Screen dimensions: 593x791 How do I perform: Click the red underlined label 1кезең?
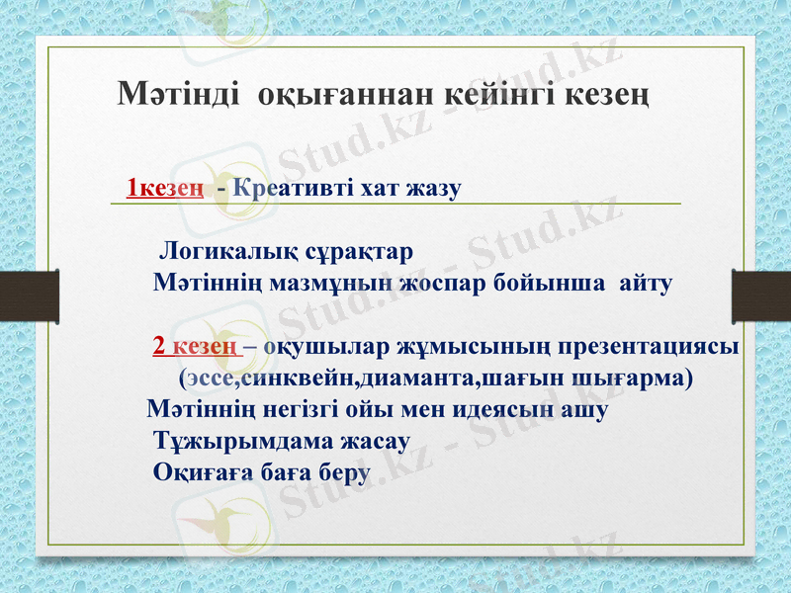(x=166, y=187)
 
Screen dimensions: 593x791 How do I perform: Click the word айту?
(x=646, y=284)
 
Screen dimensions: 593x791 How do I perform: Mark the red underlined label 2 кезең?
(x=194, y=347)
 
